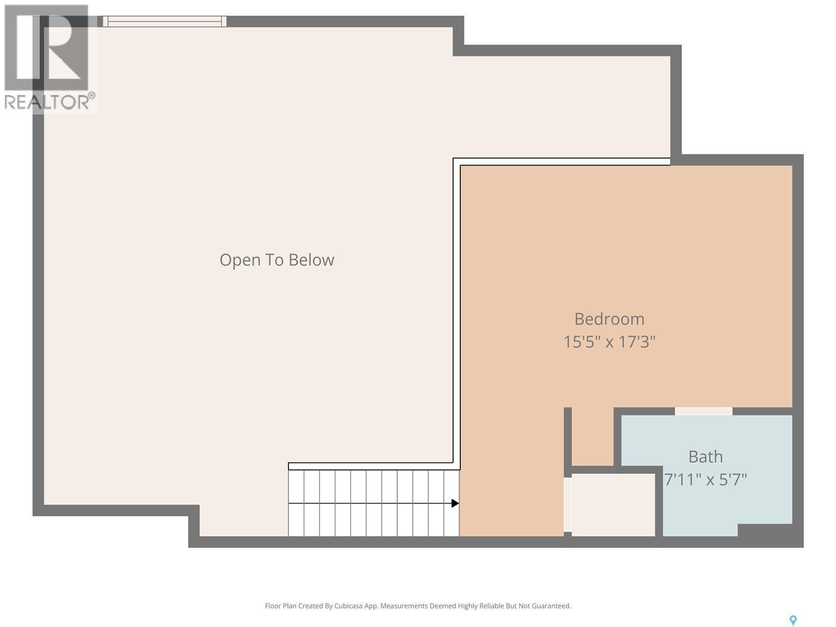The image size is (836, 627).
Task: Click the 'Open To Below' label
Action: click(x=276, y=260)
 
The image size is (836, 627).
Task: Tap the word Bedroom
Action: click(x=609, y=319)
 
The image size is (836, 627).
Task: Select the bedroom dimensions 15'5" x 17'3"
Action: click(x=609, y=342)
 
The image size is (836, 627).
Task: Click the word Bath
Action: click(x=705, y=457)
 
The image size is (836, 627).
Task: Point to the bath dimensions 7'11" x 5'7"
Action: click(x=705, y=479)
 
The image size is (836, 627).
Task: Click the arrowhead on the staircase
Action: click(x=455, y=503)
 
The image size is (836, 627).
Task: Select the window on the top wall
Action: click(x=165, y=21)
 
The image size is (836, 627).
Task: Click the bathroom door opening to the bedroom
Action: click(x=703, y=411)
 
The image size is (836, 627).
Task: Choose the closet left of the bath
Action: click(x=613, y=505)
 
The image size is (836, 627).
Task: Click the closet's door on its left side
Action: click(x=567, y=505)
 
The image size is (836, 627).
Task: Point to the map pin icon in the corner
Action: click(x=793, y=620)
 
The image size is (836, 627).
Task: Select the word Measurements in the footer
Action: click(x=404, y=606)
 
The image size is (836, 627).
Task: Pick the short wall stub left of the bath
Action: click(x=567, y=436)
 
